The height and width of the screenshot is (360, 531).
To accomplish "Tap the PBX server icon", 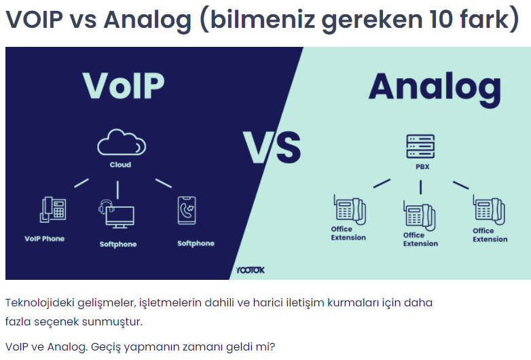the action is [x=420, y=146].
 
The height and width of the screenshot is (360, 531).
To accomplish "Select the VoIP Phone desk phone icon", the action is [x=53, y=210].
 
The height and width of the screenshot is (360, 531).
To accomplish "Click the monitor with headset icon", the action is [x=116, y=214].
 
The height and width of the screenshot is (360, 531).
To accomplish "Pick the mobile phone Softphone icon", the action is [x=187, y=211].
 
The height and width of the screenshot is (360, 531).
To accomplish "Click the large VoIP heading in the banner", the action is [x=124, y=86].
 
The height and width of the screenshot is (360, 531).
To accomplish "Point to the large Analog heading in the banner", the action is [x=435, y=89].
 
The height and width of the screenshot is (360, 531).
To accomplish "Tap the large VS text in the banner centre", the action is [x=272, y=147].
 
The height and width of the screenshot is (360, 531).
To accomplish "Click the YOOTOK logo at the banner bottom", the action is [x=251, y=270].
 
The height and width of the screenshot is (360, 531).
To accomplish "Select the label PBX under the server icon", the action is [x=422, y=166].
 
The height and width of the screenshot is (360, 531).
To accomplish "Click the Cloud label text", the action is [x=120, y=164].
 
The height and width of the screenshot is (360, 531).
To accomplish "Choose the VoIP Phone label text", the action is [x=44, y=238].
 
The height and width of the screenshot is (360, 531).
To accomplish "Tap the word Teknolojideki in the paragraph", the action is [x=39, y=302].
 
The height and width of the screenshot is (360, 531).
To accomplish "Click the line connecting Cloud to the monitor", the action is [x=117, y=190].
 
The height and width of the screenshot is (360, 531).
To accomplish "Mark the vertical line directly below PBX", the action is [x=420, y=187].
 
